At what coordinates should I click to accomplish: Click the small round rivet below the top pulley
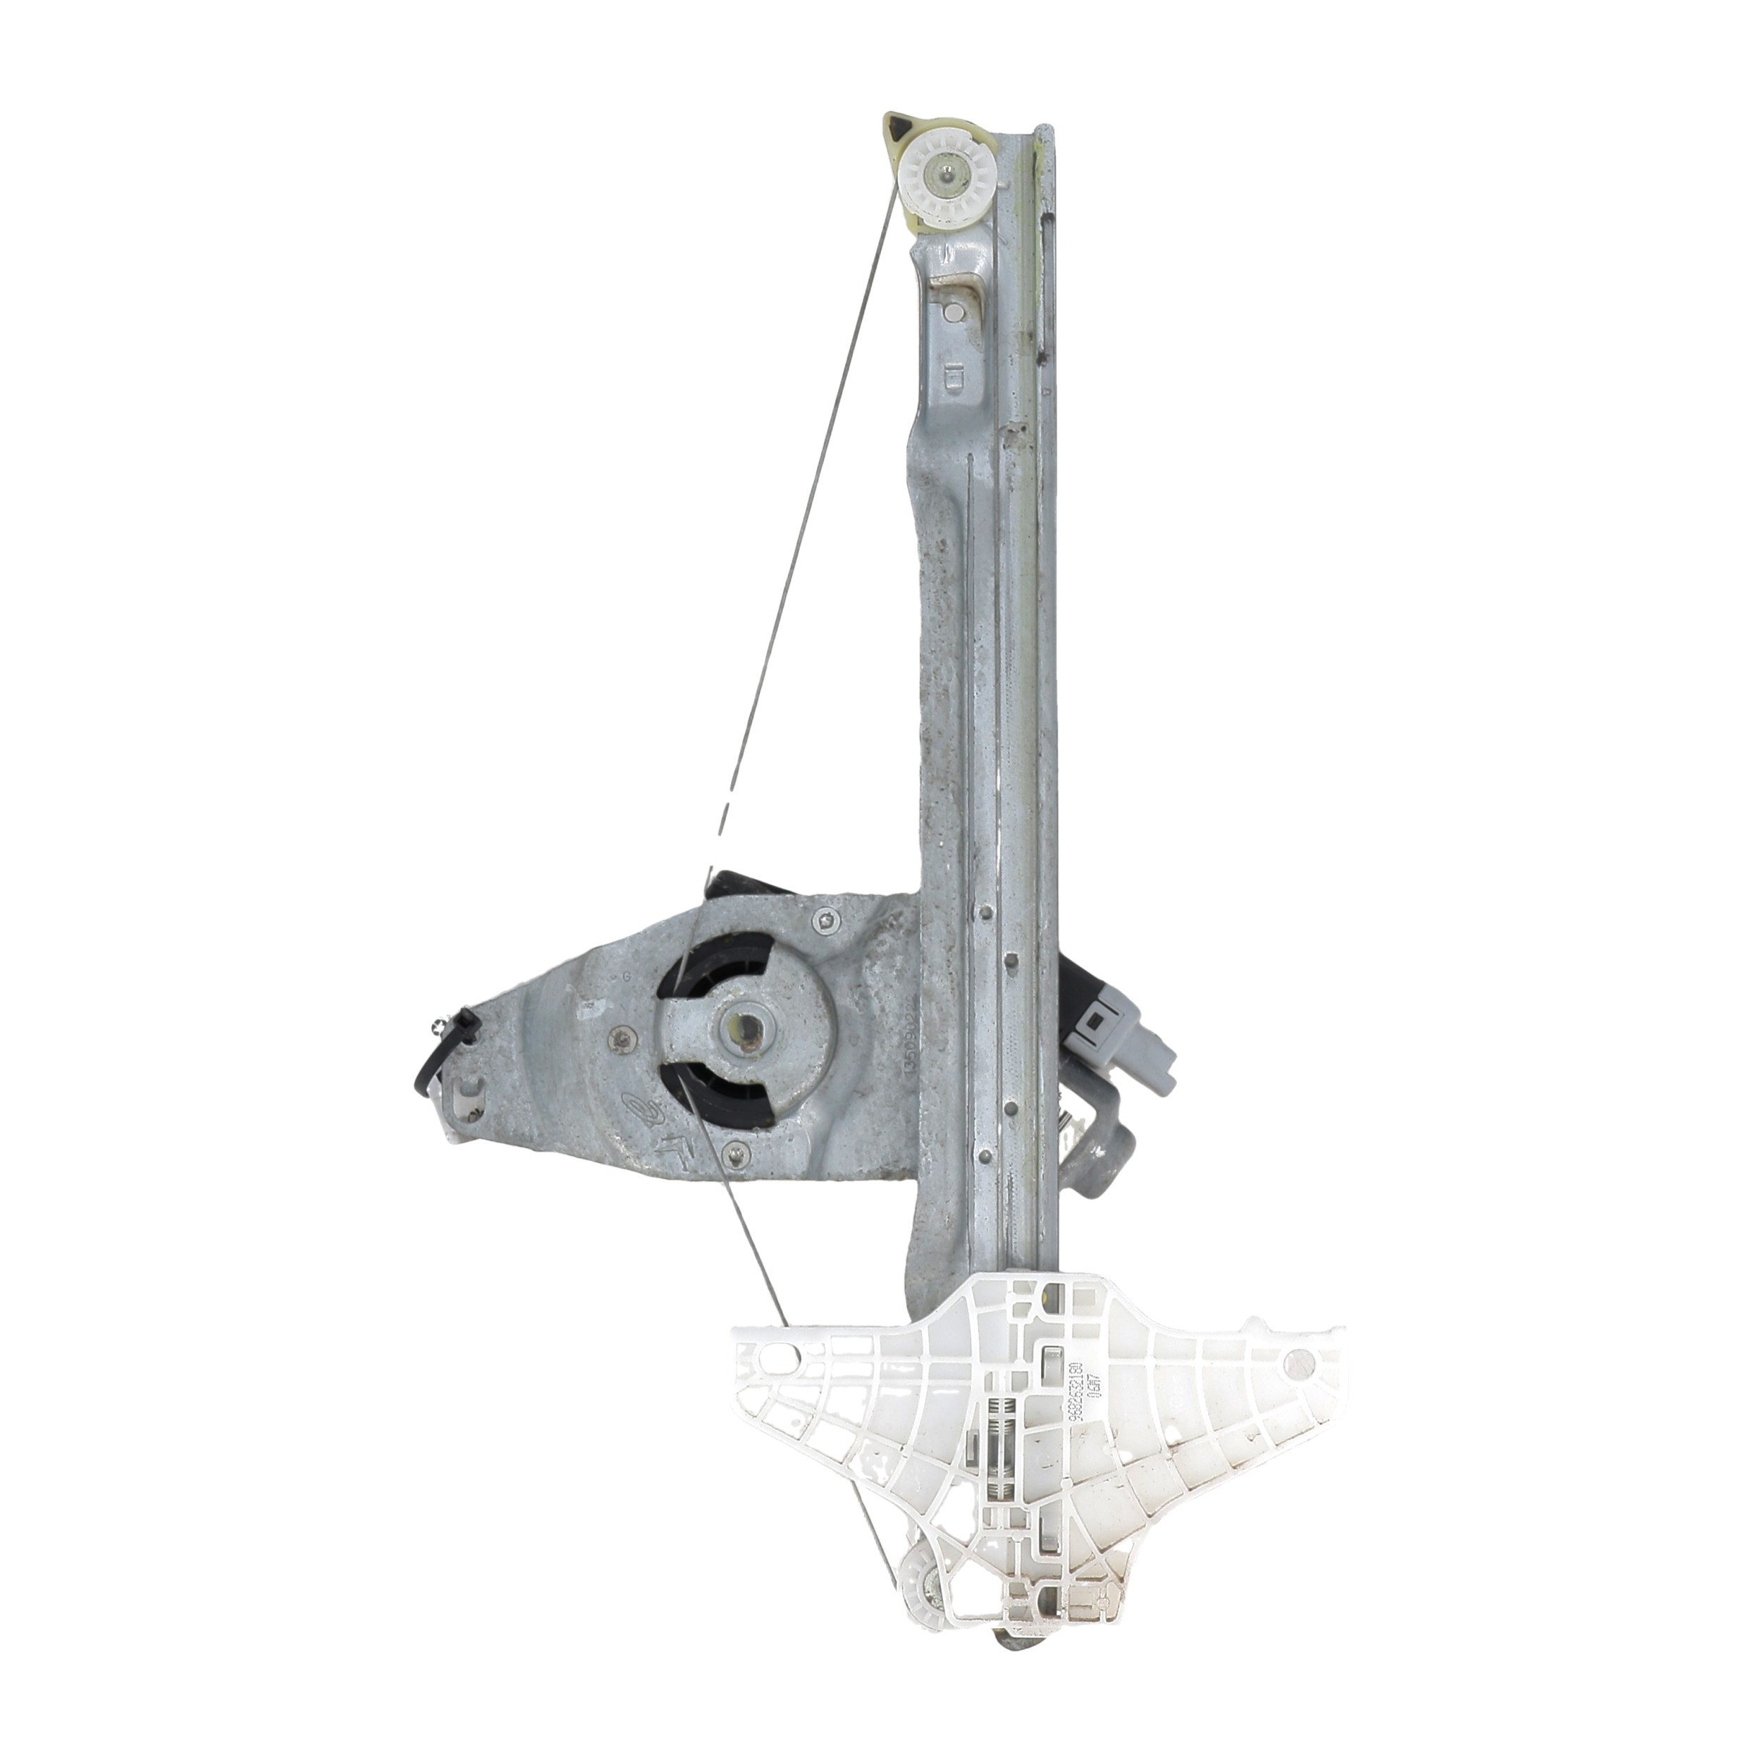click(x=952, y=313)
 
